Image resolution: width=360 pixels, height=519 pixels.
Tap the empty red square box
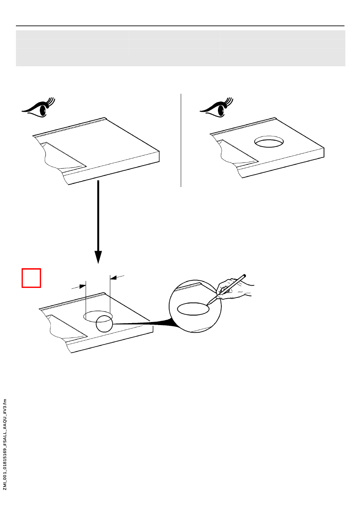coord(31,278)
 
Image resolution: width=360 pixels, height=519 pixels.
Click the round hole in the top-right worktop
coord(269,142)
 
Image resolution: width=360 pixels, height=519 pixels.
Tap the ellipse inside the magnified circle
coord(193,309)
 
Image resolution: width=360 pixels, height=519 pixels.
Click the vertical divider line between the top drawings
coord(181,140)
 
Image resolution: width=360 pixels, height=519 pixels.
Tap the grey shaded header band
coord(180,48)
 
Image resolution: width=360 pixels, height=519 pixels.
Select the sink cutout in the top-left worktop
coord(63,155)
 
